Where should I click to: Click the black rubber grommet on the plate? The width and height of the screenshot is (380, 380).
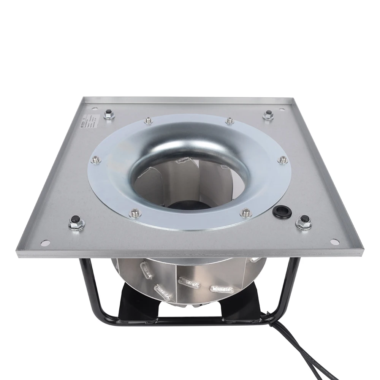pyautogui.click(x=282, y=212)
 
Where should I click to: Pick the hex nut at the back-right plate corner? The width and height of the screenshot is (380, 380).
pyautogui.click(x=269, y=114)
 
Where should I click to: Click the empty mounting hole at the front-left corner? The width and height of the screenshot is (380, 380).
pyautogui.click(x=46, y=242)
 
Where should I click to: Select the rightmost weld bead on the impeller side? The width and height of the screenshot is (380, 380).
pyautogui.click(x=220, y=289)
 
